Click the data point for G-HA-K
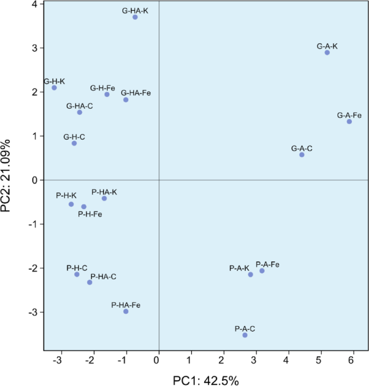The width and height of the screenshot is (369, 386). click(x=135, y=17)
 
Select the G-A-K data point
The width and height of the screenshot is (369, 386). click(x=327, y=52)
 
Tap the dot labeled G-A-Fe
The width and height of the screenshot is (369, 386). click(x=349, y=122)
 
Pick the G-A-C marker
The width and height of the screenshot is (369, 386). click(x=302, y=155)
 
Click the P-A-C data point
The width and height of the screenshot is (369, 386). click(x=245, y=335)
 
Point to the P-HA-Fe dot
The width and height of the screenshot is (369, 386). click(x=126, y=312)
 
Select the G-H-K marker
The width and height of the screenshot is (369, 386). click(x=54, y=88)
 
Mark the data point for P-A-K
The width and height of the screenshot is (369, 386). click(x=250, y=274)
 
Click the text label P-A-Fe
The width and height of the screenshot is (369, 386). click(x=267, y=264)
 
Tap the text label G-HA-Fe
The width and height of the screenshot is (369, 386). click(x=136, y=93)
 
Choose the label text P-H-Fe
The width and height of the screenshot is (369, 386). click(x=90, y=214)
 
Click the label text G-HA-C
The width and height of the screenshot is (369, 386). click(x=80, y=106)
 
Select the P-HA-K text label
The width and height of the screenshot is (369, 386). click(x=104, y=191)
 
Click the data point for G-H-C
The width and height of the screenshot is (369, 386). click(x=74, y=143)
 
